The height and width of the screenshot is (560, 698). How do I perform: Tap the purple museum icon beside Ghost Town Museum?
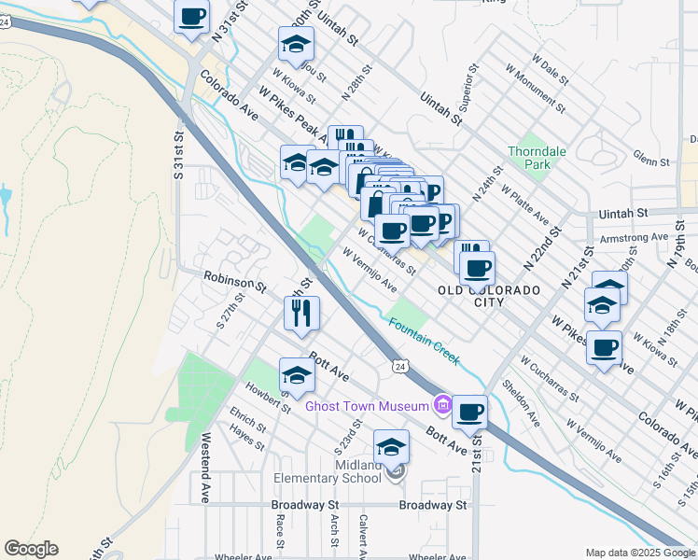442,406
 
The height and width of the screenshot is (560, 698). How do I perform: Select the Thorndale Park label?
529,158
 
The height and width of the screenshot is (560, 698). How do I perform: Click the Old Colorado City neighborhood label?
489,296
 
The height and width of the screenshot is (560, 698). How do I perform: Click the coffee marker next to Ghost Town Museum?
470,411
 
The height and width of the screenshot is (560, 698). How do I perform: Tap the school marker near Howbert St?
297,374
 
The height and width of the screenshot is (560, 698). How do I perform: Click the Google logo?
31,549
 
